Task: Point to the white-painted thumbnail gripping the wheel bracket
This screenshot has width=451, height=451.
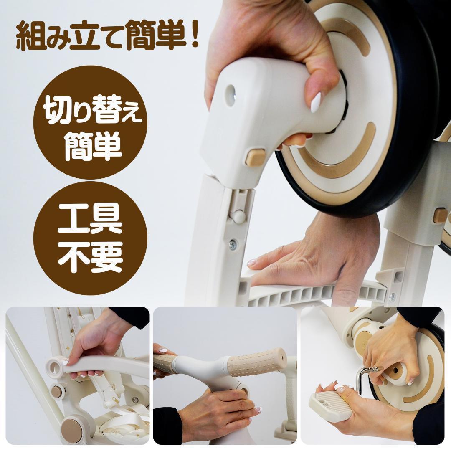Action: [x=316, y=102]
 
